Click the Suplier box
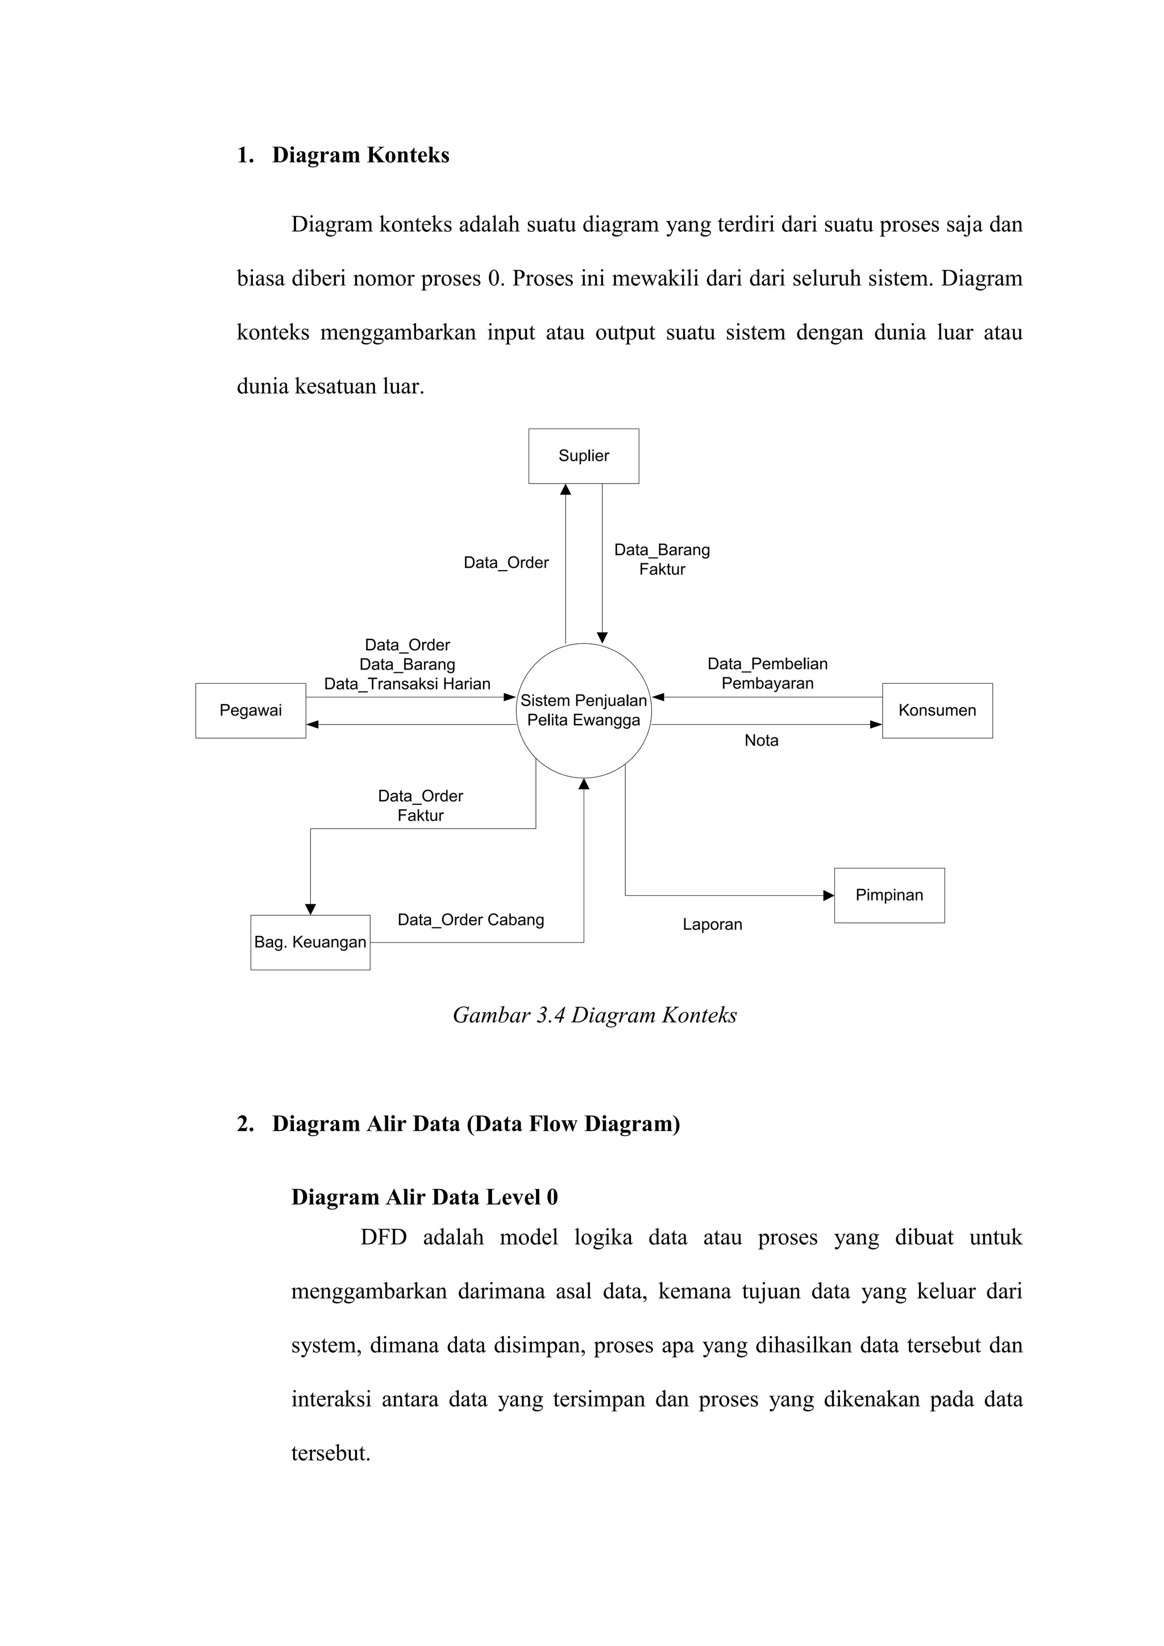(x=584, y=456)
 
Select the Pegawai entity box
(x=250, y=710)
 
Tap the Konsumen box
(x=937, y=710)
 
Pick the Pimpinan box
(x=889, y=895)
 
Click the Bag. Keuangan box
(x=310, y=942)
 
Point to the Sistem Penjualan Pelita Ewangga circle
(x=584, y=710)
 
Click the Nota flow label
(x=761, y=741)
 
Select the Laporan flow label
(x=712, y=925)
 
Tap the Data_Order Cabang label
(x=471, y=920)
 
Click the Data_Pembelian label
(x=767, y=664)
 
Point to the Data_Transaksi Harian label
(x=407, y=684)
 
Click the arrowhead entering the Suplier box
(x=566, y=489)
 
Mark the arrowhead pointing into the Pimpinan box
(x=829, y=895)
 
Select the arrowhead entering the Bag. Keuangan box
(x=310, y=909)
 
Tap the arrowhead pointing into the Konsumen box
(x=876, y=725)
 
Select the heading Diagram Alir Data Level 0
(x=425, y=1197)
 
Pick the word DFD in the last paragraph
(x=384, y=1238)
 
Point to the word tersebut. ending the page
(x=330, y=1453)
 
